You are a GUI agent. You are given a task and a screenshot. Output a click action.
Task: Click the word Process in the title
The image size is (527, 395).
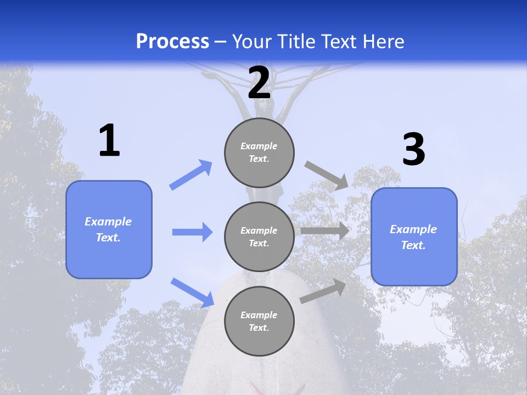tap(172, 42)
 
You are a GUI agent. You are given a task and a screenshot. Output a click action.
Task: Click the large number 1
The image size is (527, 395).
tap(109, 141)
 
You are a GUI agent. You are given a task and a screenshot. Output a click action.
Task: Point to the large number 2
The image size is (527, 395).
tap(259, 83)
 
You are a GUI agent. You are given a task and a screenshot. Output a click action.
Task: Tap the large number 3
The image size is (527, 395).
tap(413, 150)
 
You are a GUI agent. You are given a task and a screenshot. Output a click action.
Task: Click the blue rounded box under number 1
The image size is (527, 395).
tap(109, 229)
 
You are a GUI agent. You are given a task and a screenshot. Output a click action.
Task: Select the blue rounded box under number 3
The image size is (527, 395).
tap(414, 237)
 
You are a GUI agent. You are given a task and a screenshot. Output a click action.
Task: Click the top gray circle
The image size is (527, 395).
tap(259, 153)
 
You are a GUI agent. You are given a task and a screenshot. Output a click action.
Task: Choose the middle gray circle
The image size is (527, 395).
tap(259, 236)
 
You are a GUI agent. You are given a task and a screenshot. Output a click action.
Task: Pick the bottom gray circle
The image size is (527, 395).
tap(259, 321)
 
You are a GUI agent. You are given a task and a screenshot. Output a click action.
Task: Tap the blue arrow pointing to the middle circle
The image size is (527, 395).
tap(192, 232)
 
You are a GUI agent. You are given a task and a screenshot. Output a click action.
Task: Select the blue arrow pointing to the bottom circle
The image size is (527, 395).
tap(193, 292)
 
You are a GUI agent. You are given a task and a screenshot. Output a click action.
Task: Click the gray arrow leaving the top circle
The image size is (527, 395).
tap(327, 175)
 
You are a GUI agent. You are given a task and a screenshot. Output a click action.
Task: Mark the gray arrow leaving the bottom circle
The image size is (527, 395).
tap(323, 291)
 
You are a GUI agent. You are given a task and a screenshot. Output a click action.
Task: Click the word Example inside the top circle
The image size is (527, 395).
tap(259, 146)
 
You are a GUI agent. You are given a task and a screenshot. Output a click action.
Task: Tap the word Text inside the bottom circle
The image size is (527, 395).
tap(258, 328)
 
